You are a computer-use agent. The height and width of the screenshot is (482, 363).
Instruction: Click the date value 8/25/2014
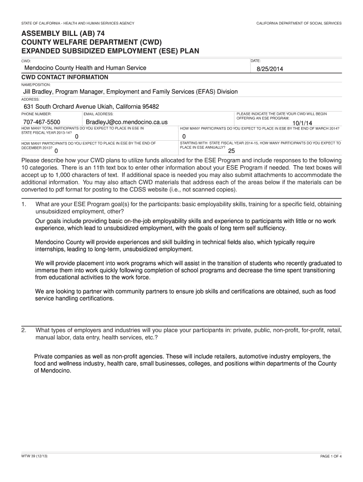click(270, 69)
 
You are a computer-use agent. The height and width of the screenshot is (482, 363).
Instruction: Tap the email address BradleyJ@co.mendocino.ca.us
click(127, 122)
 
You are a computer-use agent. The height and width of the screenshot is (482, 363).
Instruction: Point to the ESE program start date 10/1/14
click(303, 124)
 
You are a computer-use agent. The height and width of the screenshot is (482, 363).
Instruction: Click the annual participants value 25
click(231, 151)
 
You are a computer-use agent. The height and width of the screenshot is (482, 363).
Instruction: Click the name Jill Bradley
click(41, 91)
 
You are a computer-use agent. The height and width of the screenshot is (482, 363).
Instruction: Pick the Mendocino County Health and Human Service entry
click(85, 68)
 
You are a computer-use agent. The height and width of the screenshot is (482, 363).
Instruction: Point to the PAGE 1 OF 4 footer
click(330, 457)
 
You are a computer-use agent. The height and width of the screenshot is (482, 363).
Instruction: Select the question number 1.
click(24, 204)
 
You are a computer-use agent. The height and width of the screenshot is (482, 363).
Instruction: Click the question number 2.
click(24, 330)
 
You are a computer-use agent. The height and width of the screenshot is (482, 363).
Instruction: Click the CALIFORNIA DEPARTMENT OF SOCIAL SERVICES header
click(299, 23)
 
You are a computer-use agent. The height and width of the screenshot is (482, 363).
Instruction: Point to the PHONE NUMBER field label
click(36, 114)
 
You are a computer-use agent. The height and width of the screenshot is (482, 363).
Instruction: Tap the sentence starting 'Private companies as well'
click(182, 356)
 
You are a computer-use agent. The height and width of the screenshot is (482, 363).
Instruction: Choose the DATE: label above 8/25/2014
click(255, 61)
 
